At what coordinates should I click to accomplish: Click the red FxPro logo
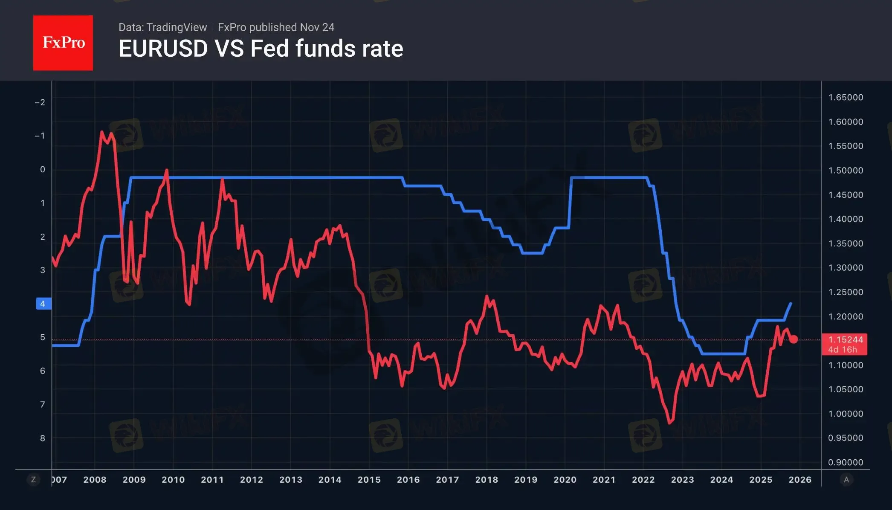pyautogui.click(x=63, y=43)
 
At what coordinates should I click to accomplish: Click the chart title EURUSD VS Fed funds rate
pyautogui.click(x=261, y=49)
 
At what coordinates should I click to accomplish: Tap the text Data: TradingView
pyautogui.click(x=162, y=27)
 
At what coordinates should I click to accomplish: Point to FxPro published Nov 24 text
pyautogui.click(x=276, y=27)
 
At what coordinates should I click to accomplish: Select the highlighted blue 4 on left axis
pyautogui.click(x=43, y=304)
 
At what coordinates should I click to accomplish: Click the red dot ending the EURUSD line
pyautogui.click(x=793, y=339)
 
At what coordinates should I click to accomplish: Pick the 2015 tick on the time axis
pyautogui.click(x=369, y=480)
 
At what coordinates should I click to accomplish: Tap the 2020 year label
pyautogui.click(x=565, y=480)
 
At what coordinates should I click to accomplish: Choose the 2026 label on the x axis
pyautogui.click(x=799, y=480)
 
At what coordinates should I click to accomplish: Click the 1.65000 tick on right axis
pyautogui.click(x=845, y=97)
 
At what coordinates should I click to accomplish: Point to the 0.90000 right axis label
pyautogui.click(x=845, y=462)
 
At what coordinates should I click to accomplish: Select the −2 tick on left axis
pyautogui.click(x=40, y=102)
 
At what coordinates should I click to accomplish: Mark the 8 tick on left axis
pyautogui.click(x=43, y=438)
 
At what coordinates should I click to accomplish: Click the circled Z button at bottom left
pyautogui.click(x=33, y=480)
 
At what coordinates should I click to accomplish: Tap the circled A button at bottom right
pyautogui.click(x=846, y=480)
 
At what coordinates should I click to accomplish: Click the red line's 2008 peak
pyautogui.click(x=102, y=132)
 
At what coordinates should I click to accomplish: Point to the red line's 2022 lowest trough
pyautogui.click(x=670, y=423)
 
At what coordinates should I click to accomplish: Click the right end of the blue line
pyautogui.click(x=791, y=303)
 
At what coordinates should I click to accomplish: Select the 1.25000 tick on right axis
pyautogui.click(x=845, y=292)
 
